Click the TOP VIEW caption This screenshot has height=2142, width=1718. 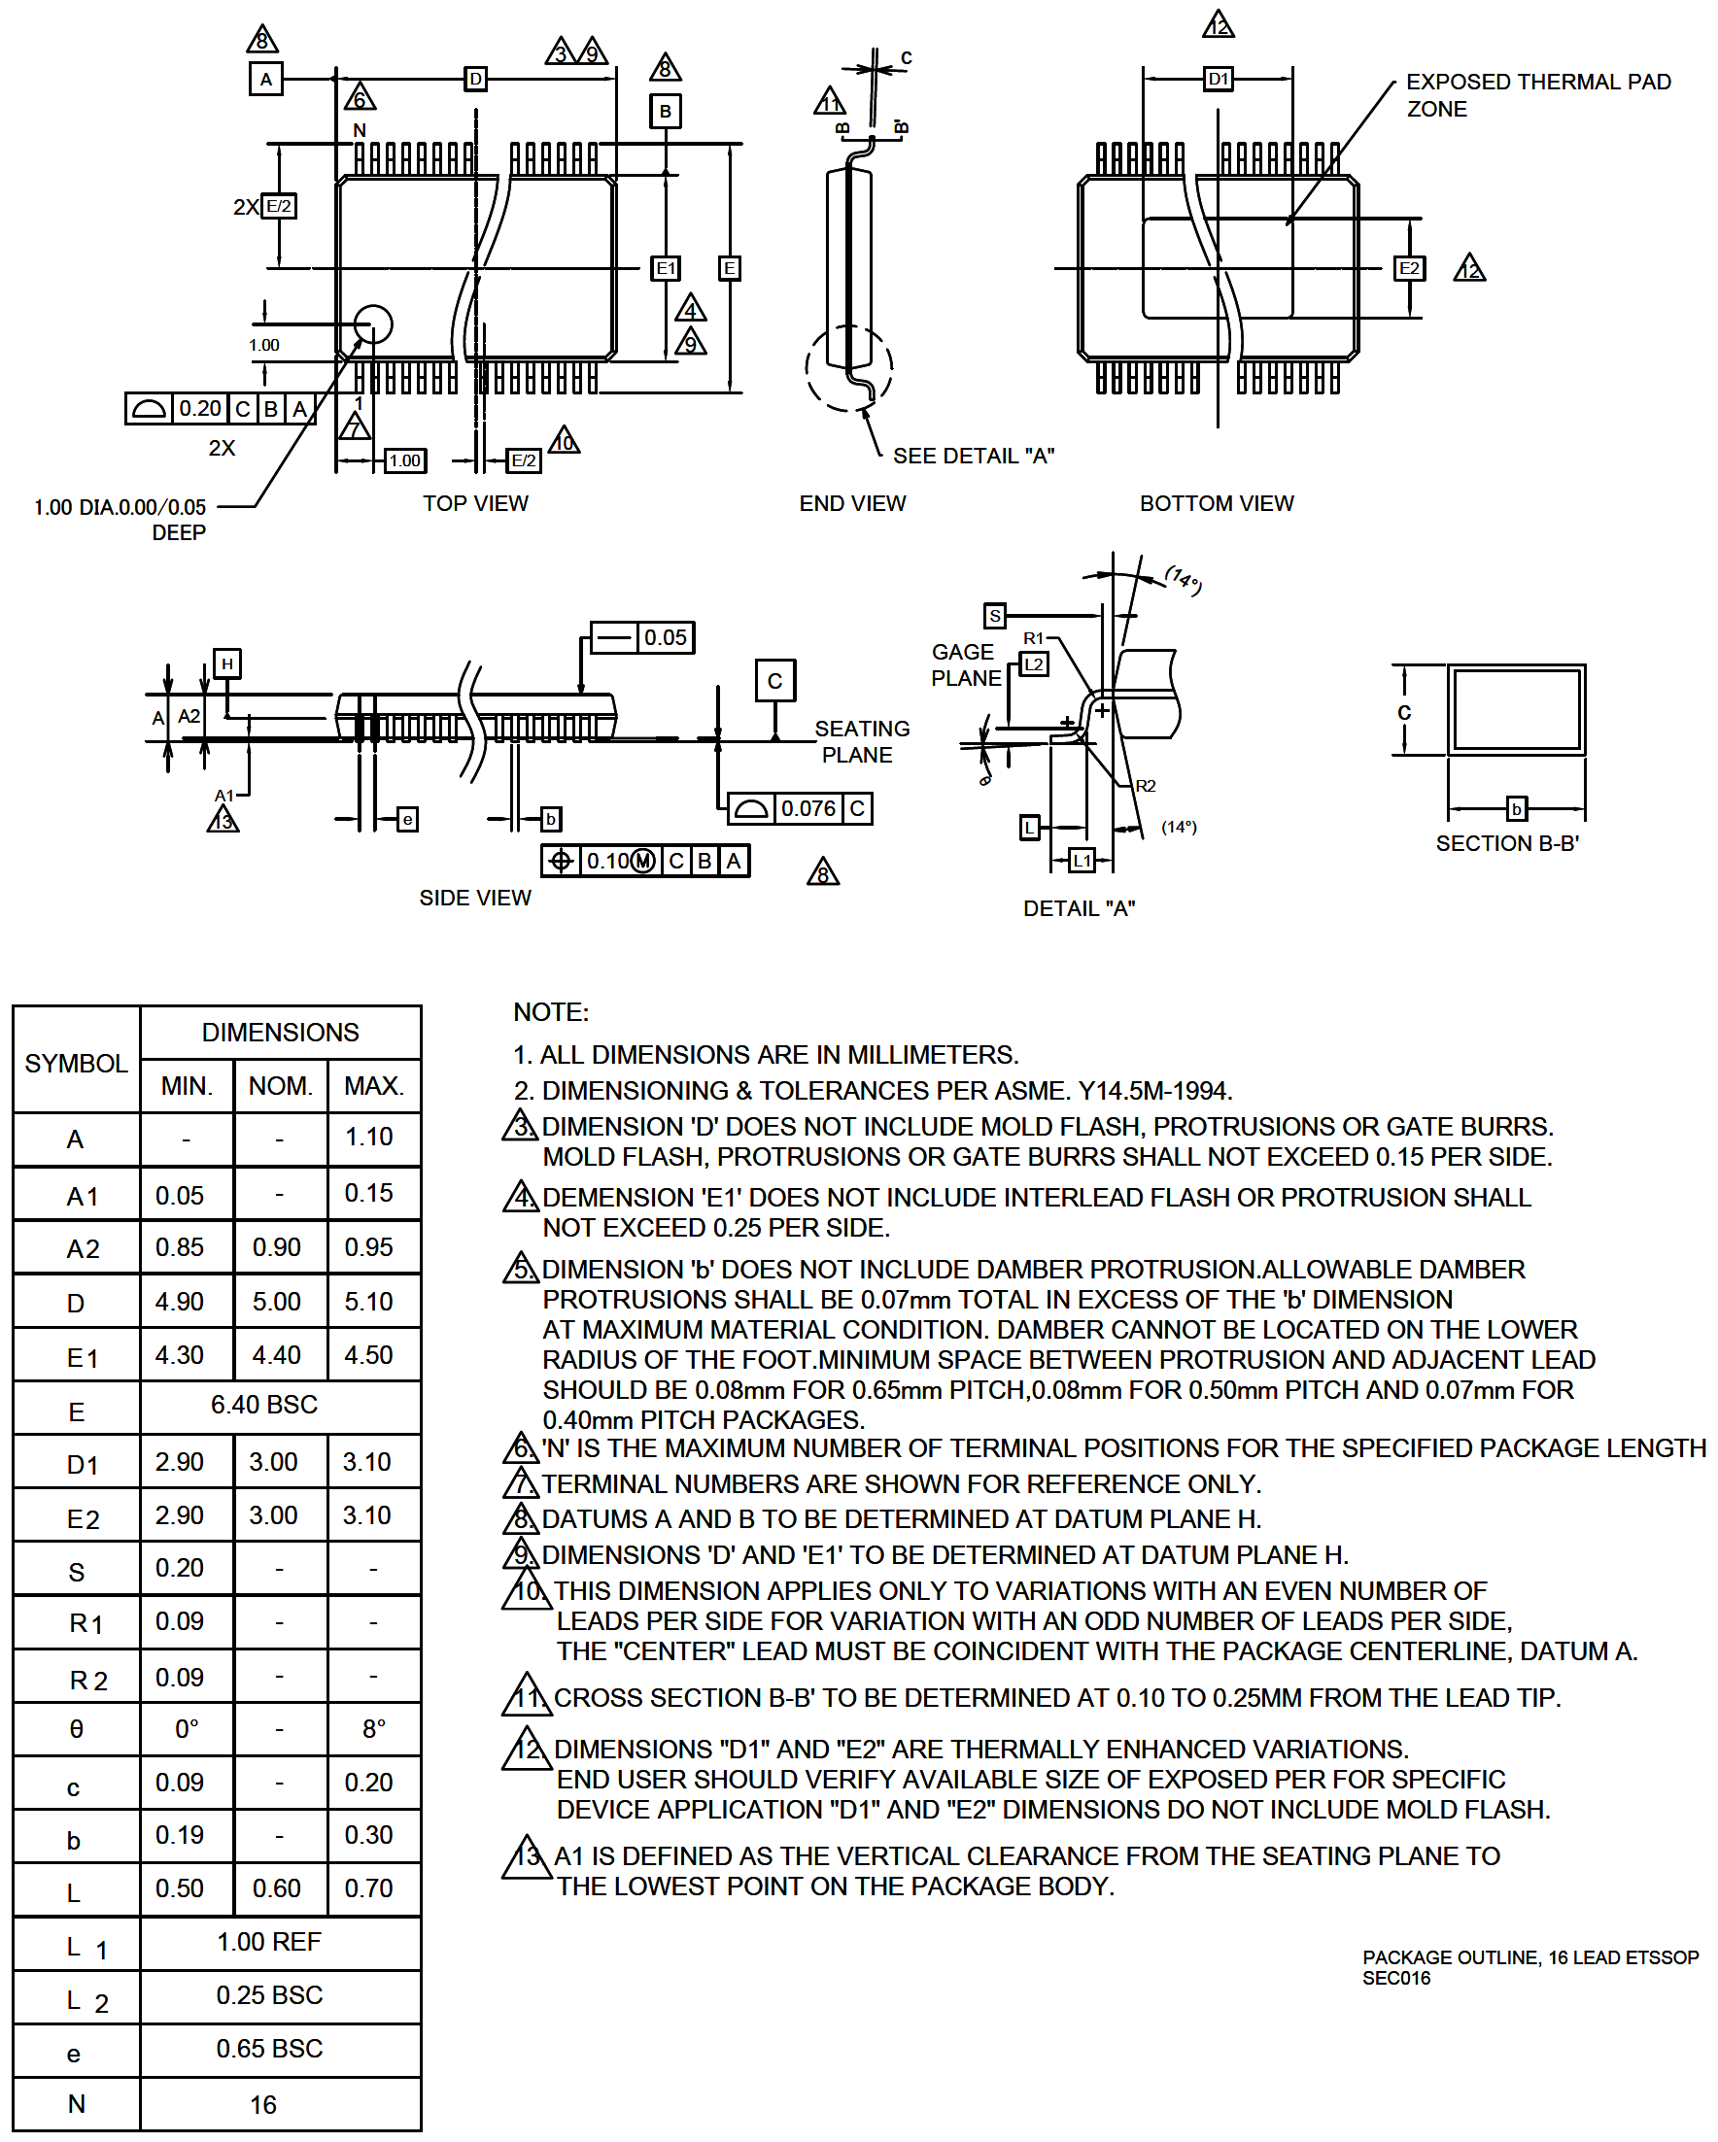coord(475,504)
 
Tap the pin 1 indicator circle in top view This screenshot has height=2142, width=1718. coord(372,323)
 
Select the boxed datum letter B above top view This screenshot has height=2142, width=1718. coord(665,112)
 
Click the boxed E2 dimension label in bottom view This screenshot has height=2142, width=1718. coord(1408,268)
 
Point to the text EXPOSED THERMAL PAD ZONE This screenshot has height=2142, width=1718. coord(1537,95)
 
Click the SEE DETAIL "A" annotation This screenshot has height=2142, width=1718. coord(973,456)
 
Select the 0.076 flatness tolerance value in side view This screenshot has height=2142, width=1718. coord(807,808)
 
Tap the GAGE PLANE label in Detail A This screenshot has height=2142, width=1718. coord(966,664)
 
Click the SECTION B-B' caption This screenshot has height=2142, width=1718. coord(1506,843)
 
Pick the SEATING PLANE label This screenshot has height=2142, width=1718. coord(861,741)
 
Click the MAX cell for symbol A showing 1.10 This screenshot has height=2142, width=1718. coord(368,1137)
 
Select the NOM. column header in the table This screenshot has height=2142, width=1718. coord(280,1086)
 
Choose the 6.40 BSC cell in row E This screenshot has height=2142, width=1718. coord(264,1405)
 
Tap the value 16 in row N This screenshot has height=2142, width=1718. coord(263,2105)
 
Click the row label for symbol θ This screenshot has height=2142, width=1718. coord(77,1730)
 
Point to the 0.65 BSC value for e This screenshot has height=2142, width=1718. coord(269,2049)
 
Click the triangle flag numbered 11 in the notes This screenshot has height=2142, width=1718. coord(527,1697)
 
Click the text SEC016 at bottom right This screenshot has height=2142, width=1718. coord(1396,1978)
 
